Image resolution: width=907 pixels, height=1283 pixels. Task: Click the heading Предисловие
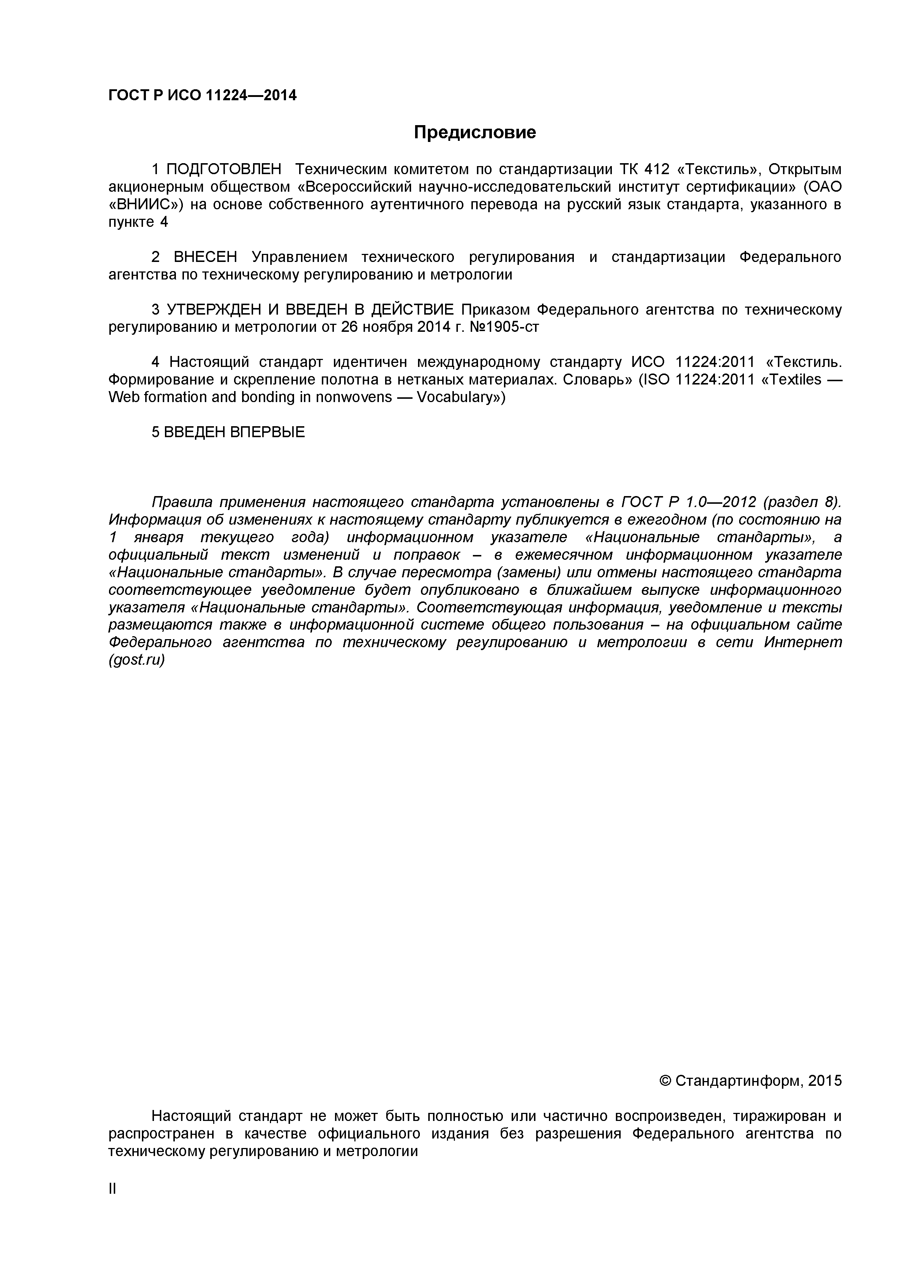[x=474, y=132]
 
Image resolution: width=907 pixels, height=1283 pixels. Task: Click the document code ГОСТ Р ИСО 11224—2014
[x=202, y=95]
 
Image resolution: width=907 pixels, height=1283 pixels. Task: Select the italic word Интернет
[x=802, y=642]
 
